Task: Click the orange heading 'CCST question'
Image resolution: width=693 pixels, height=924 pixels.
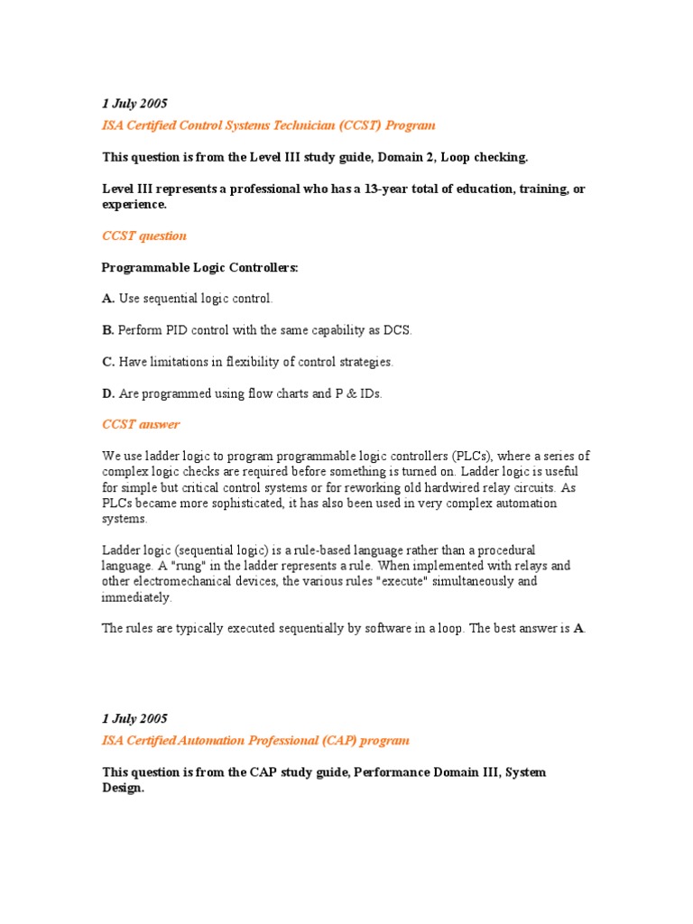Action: pyautogui.click(x=143, y=236)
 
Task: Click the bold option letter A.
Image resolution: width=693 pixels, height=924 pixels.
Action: pyautogui.click(x=108, y=299)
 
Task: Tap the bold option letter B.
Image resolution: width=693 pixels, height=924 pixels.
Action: pyautogui.click(x=107, y=330)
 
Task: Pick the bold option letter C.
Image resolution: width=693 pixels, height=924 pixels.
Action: pyautogui.click(x=108, y=362)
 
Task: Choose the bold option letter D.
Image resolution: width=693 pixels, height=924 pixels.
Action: pyautogui.click(x=108, y=393)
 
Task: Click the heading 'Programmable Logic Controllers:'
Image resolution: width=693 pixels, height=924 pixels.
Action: pyautogui.click(x=199, y=267)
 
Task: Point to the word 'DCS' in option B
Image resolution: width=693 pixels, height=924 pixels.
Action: pyautogui.click(x=396, y=330)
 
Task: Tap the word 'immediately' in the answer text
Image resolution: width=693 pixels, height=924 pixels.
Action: pyautogui.click(x=135, y=597)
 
